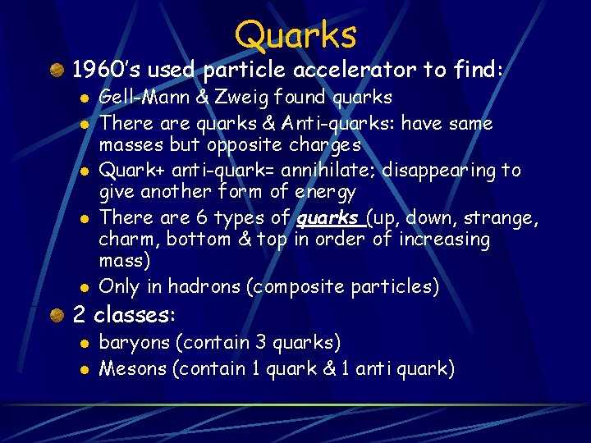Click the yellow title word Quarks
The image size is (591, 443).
coord(295,35)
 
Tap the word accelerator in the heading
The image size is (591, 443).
coord(353,71)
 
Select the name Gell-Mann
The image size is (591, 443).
coord(132,98)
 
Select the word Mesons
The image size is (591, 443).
coord(132,368)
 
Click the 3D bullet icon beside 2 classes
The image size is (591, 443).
coord(57,315)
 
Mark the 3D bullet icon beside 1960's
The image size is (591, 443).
coord(57,71)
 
